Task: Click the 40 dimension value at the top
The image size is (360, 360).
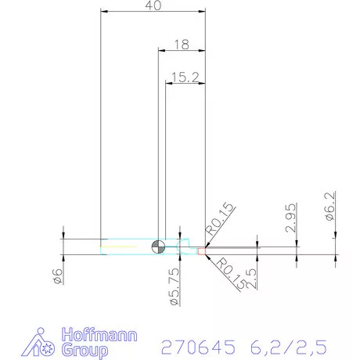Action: pos(153,6)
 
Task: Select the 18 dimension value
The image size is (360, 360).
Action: pos(181,45)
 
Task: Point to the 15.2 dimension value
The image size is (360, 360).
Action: pos(185,76)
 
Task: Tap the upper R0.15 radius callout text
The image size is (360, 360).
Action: pos(221,219)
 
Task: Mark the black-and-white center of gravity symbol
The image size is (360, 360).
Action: pos(159,247)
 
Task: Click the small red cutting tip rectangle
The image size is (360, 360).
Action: pos(201,251)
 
